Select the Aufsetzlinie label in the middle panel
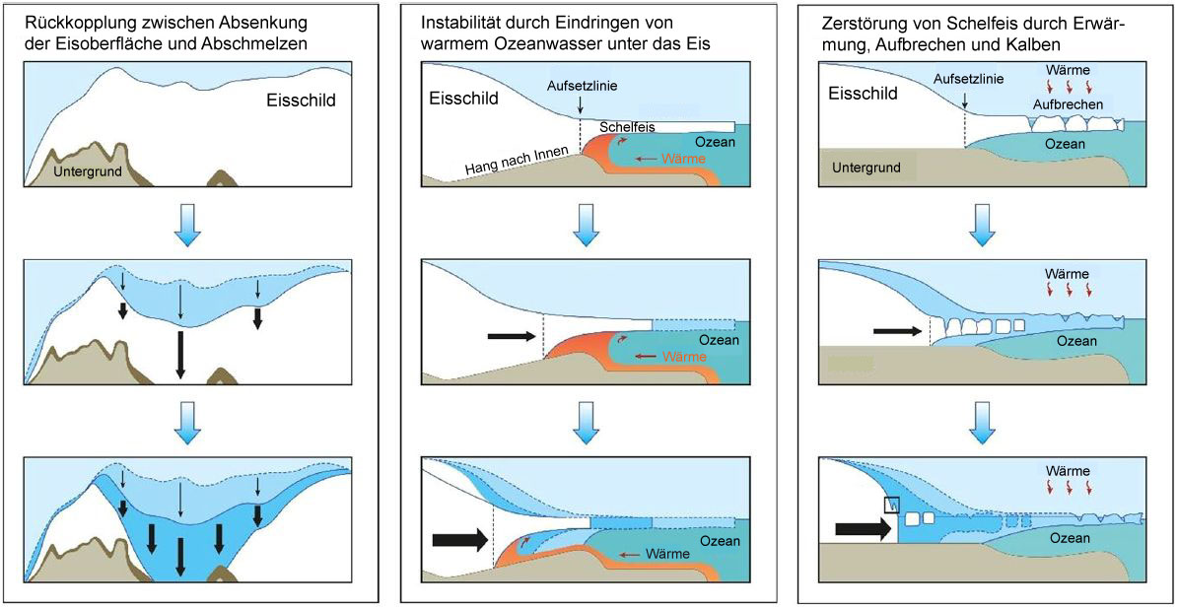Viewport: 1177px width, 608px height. pos(582,86)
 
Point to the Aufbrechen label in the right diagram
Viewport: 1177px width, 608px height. pos(1069,104)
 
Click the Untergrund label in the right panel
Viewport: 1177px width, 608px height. pos(867,168)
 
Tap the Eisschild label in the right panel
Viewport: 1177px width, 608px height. pos(864,95)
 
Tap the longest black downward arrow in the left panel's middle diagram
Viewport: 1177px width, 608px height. pos(179,355)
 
